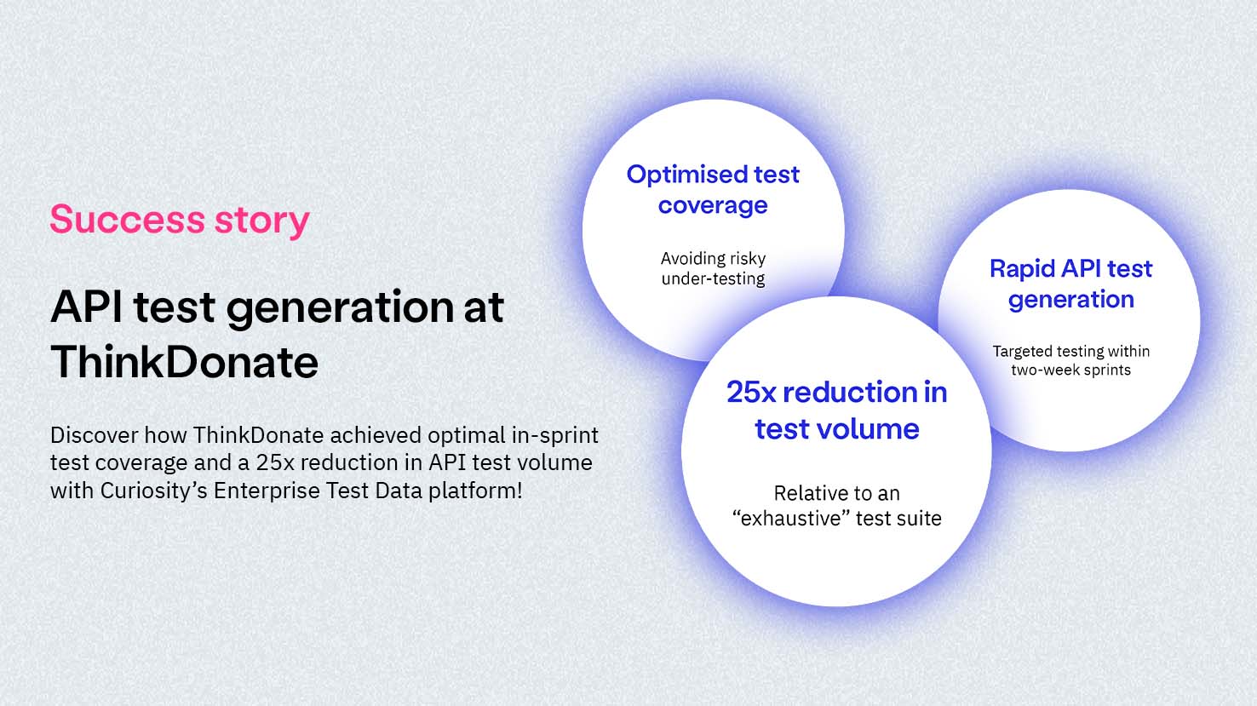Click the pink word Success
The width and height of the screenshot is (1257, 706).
(x=128, y=220)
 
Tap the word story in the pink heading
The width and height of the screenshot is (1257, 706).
(x=262, y=221)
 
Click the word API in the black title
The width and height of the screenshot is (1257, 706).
(x=86, y=307)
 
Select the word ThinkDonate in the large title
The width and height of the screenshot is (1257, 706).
(x=185, y=362)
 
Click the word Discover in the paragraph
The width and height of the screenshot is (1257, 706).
(x=94, y=435)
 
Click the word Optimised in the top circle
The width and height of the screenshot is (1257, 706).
(x=686, y=175)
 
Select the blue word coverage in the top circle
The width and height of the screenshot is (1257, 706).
(x=713, y=205)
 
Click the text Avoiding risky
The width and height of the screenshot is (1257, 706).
(x=713, y=259)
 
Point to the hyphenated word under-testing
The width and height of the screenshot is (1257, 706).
(x=713, y=279)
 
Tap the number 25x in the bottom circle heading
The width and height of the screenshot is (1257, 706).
(x=751, y=392)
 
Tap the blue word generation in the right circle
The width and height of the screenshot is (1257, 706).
(x=1071, y=301)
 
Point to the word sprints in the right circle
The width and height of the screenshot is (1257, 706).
(x=1105, y=370)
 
